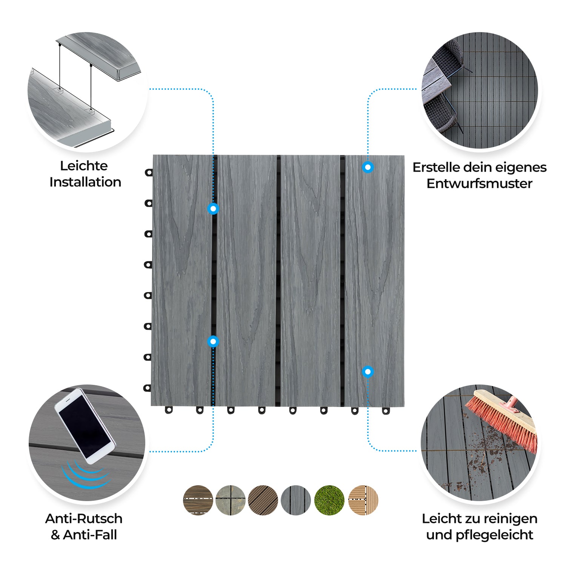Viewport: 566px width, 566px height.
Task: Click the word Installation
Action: tap(85, 182)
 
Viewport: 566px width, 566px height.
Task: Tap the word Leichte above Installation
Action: tap(84, 166)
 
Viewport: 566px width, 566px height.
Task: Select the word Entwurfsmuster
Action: tap(479, 184)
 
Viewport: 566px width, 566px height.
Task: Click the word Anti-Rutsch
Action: tap(84, 518)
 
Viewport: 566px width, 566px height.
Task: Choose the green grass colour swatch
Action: tap(329, 500)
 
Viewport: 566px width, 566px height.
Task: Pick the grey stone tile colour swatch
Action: tap(231, 500)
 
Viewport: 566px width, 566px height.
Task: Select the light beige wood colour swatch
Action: tap(363, 500)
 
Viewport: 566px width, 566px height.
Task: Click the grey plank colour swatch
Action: tap(296, 500)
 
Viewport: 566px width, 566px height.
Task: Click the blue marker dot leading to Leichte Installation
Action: tap(213, 208)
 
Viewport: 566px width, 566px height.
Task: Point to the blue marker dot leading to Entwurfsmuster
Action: tap(368, 167)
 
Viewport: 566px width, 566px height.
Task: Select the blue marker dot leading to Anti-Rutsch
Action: tap(213, 341)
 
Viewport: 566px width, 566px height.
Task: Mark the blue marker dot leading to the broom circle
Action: tap(368, 372)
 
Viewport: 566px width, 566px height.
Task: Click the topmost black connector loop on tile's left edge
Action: tap(149, 173)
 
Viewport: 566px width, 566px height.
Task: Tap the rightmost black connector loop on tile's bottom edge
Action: tap(385, 411)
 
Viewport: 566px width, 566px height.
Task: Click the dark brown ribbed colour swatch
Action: tap(263, 500)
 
